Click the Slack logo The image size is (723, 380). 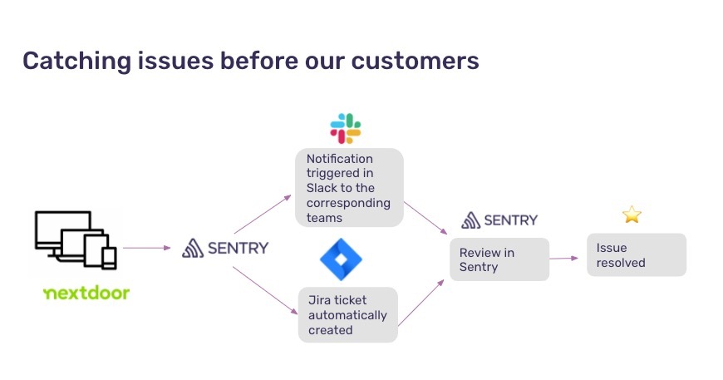pos(346,128)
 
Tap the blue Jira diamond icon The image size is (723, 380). pos(342,259)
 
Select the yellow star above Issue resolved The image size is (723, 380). pos(632,215)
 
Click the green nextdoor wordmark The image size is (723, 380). pos(86,293)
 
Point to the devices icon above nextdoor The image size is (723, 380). pos(76,239)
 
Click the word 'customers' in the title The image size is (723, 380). pos(415,61)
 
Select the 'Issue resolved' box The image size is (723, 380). pos(637,255)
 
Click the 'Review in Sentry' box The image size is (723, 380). pos(499,259)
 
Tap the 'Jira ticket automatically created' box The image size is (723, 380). pos(347,315)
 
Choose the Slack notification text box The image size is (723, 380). pos(349,188)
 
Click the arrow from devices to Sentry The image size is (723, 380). pos(146,248)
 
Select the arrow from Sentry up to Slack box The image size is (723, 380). pos(263,214)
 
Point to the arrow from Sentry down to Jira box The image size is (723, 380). pos(265,290)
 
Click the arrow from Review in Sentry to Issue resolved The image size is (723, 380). pos(564,259)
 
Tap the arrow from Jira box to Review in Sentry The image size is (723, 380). pos(421,303)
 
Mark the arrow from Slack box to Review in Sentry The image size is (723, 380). pos(425,218)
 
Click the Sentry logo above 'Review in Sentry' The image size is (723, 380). pos(499,220)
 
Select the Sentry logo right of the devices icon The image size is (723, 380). pos(225,248)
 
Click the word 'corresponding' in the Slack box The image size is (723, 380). pos(348,203)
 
